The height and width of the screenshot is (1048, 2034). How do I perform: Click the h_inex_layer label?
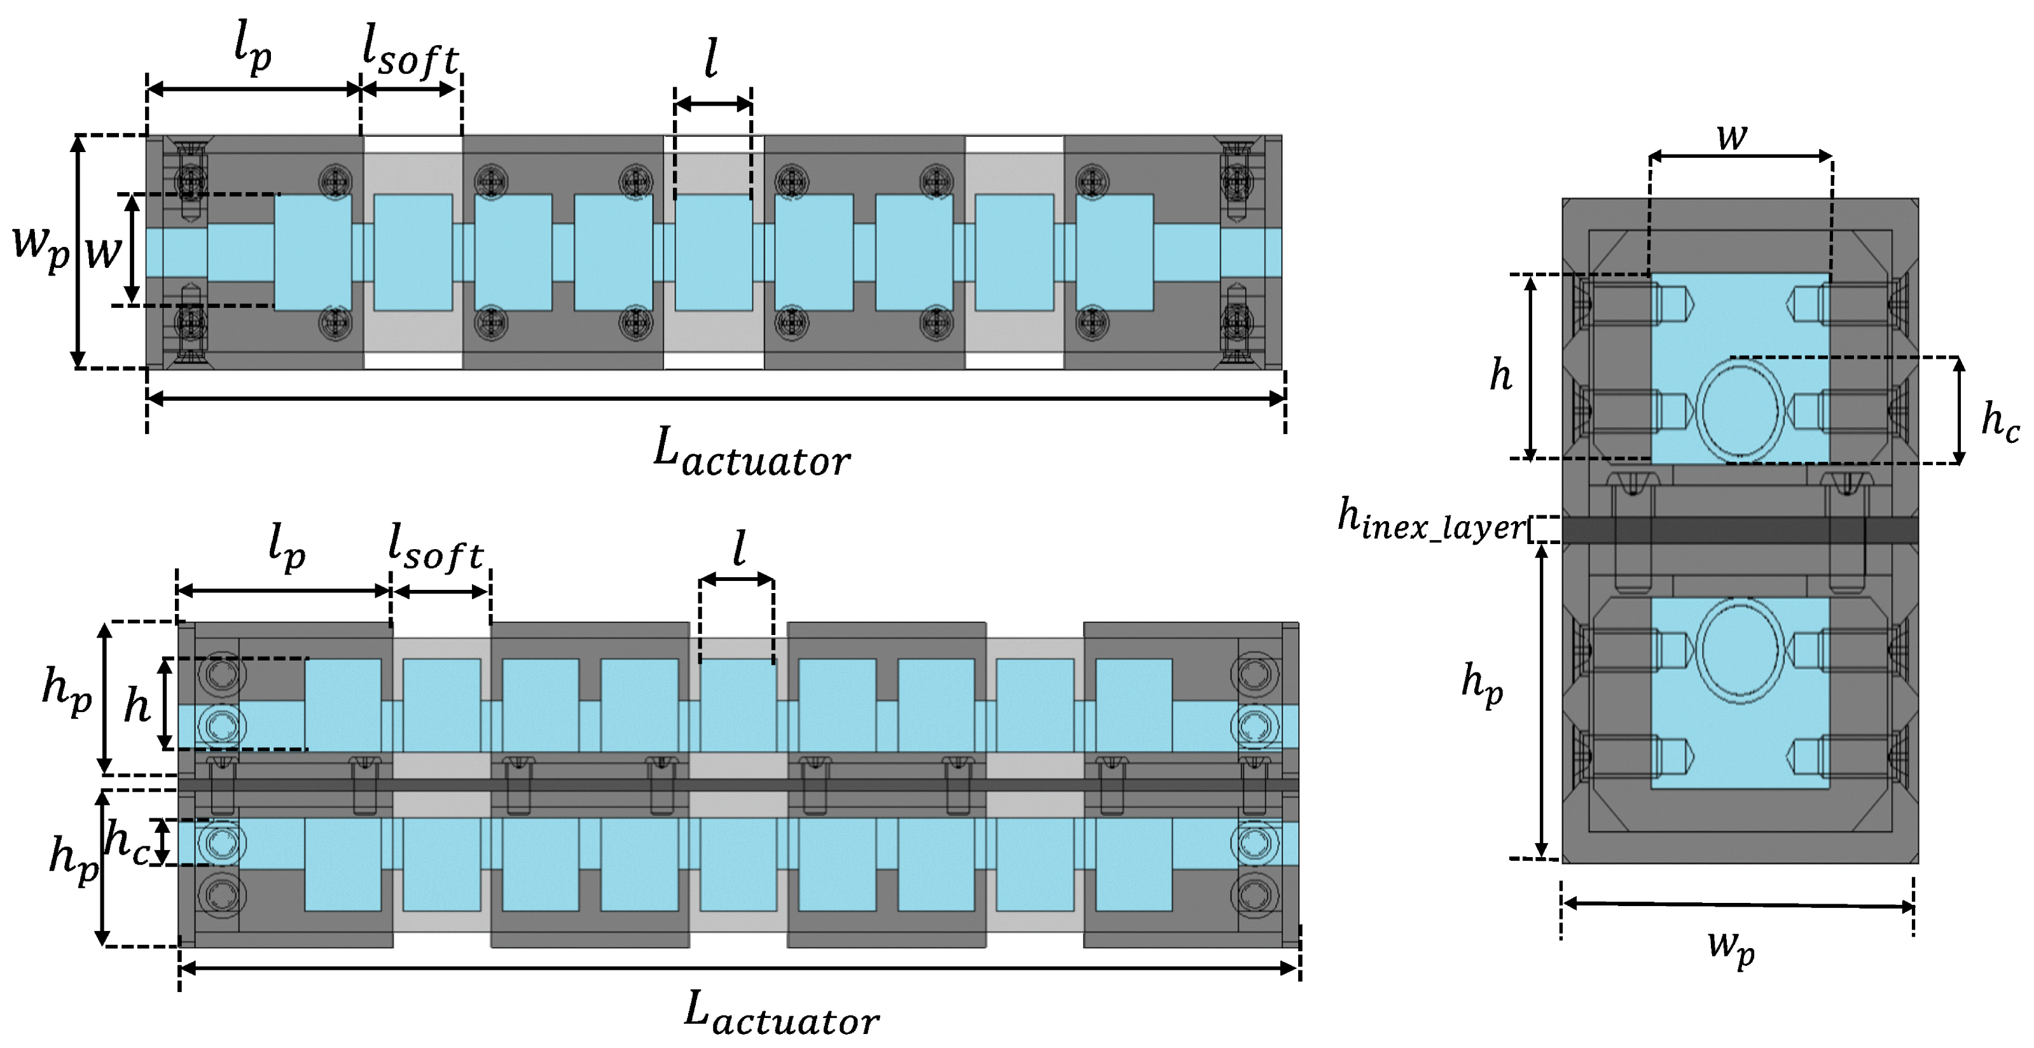[x=1431, y=521]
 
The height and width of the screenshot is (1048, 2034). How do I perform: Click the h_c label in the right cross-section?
[x=1999, y=421]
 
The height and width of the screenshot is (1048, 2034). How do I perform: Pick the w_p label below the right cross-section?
[x=1731, y=947]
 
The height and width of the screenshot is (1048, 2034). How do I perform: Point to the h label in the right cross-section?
[x=1500, y=374]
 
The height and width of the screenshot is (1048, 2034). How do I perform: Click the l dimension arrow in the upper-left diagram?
[x=713, y=104]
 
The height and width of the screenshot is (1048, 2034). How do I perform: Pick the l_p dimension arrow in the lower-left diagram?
[x=284, y=590]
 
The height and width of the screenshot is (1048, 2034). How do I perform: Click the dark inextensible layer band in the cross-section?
[x=1740, y=530]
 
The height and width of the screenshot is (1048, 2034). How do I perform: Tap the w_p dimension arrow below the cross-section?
[x=1737, y=905]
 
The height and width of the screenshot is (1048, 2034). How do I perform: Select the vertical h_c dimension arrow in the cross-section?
[x=1958, y=410]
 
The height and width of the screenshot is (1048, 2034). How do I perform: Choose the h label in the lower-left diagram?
[x=137, y=705]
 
